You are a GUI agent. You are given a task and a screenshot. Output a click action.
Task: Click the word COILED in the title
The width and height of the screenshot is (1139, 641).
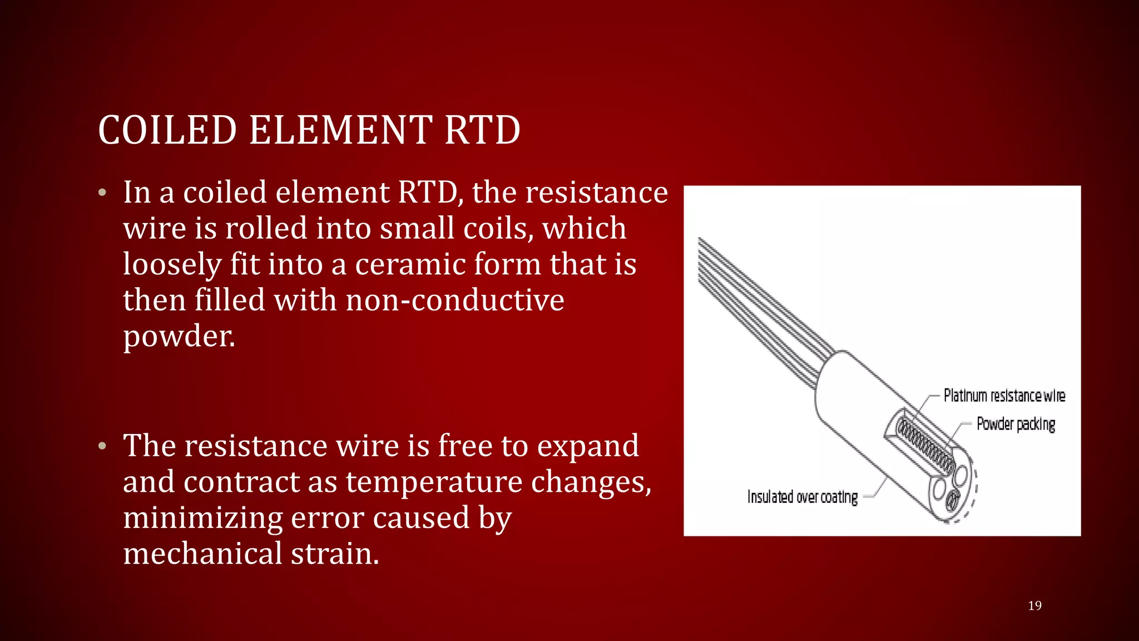coord(167,130)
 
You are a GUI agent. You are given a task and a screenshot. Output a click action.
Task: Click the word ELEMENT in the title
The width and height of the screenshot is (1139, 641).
coord(340,130)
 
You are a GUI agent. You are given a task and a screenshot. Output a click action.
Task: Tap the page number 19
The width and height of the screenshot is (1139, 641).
coord(1034,605)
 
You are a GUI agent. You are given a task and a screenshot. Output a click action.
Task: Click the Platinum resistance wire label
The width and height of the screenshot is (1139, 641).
coord(1004,396)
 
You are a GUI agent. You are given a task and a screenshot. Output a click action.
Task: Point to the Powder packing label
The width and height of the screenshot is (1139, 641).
coord(1016,424)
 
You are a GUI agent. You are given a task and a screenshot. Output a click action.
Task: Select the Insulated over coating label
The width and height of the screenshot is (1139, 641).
coord(802,497)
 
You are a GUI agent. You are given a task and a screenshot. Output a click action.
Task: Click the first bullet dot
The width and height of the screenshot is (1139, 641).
coord(102,193)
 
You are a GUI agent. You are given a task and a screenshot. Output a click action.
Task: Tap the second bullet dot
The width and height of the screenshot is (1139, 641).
coord(102,446)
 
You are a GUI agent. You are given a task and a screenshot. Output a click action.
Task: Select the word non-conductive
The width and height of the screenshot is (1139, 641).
coord(455,300)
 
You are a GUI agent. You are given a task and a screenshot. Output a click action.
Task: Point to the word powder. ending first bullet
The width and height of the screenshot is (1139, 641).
coord(179,337)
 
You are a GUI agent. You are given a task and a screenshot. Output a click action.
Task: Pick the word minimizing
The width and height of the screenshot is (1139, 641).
coord(203,518)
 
